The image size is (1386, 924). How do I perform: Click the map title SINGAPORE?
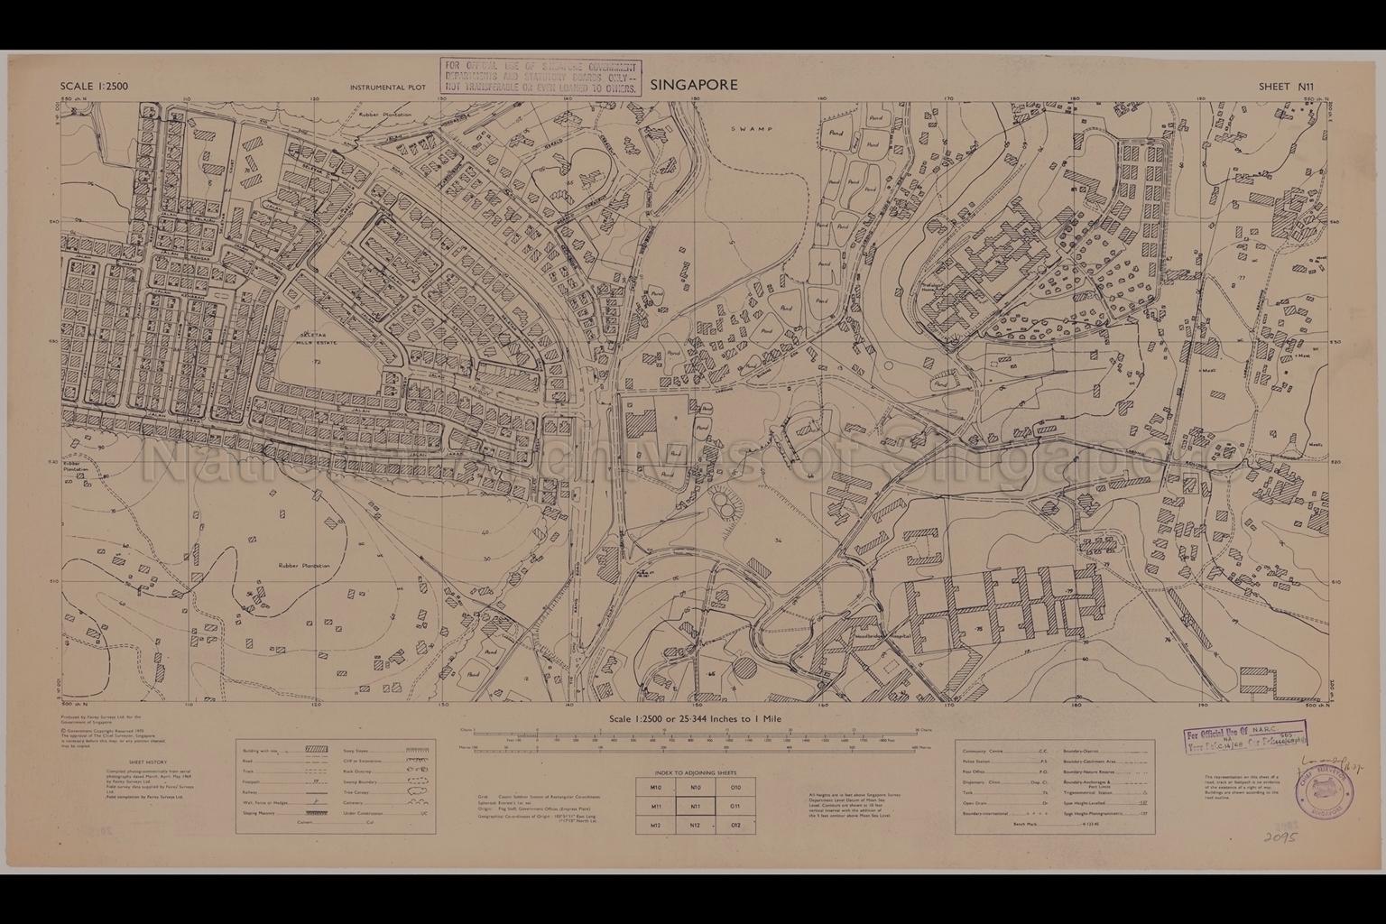click(693, 85)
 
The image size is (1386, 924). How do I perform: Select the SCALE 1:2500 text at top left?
click(95, 87)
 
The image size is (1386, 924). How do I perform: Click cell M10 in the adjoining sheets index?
click(656, 788)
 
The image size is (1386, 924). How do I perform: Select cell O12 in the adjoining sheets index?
click(735, 826)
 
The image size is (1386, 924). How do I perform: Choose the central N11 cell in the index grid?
click(695, 807)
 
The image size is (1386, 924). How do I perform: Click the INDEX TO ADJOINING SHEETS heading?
click(695, 773)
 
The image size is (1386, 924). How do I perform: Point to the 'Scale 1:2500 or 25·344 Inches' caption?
click(695, 718)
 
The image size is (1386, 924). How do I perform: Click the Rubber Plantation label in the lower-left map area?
click(303, 566)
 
